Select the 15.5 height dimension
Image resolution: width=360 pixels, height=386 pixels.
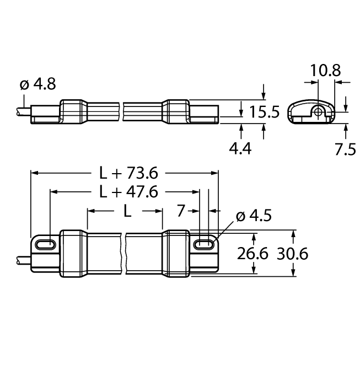tap(264, 112)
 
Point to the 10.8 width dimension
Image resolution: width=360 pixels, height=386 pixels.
tap(325, 70)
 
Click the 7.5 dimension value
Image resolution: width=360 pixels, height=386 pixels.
tap(345, 148)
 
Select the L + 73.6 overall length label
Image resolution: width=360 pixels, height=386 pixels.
tap(128, 173)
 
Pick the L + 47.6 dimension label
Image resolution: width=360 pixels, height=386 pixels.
tap(128, 192)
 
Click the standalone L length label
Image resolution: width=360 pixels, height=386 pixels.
tap(126, 211)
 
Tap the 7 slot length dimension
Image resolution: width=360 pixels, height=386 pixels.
tap(181, 211)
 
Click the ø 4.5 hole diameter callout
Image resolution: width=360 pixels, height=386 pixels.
tap(254, 216)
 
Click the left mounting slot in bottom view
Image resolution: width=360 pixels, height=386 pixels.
tap(45, 244)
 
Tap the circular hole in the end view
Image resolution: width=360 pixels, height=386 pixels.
tap(319, 112)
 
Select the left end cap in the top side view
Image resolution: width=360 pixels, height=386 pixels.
tap(72, 112)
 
